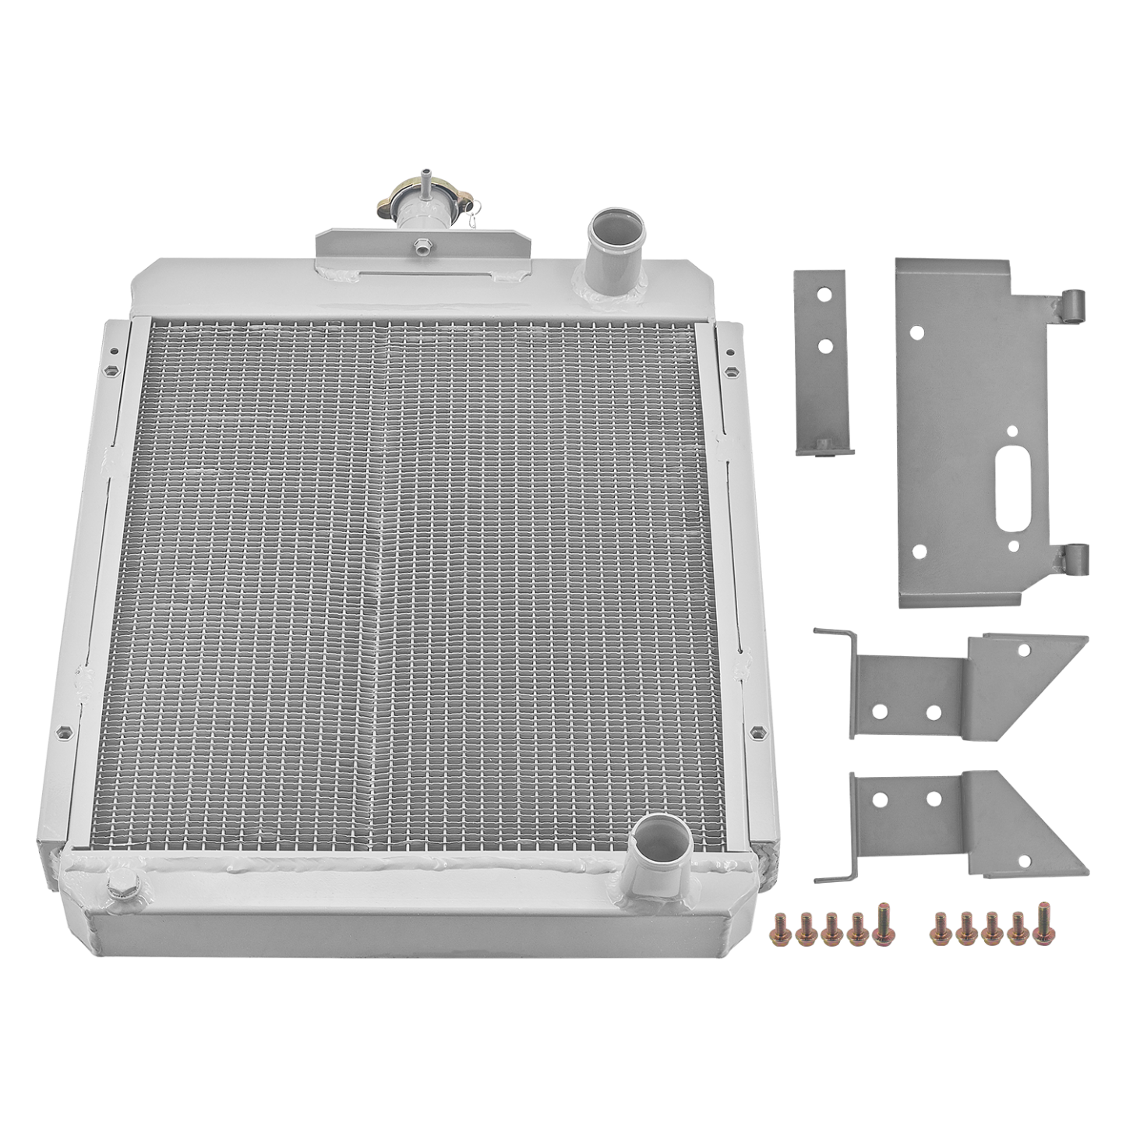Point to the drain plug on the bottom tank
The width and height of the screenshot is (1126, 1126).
point(123,886)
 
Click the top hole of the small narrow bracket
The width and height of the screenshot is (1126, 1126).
point(823,297)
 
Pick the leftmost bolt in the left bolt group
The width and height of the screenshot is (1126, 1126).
point(778,929)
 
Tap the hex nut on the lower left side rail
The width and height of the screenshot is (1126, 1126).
point(61,733)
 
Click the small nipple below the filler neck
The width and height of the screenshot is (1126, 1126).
point(421,246)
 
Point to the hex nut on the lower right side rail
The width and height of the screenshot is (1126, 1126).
point(757,732)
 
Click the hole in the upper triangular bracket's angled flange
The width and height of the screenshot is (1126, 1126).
point(1024,649)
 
